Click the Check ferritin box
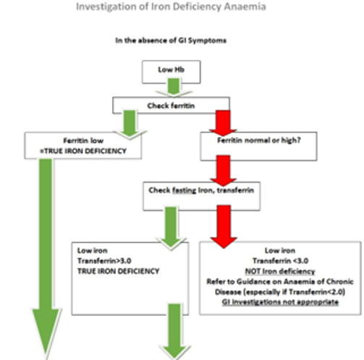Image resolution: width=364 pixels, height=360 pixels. [172, 106]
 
